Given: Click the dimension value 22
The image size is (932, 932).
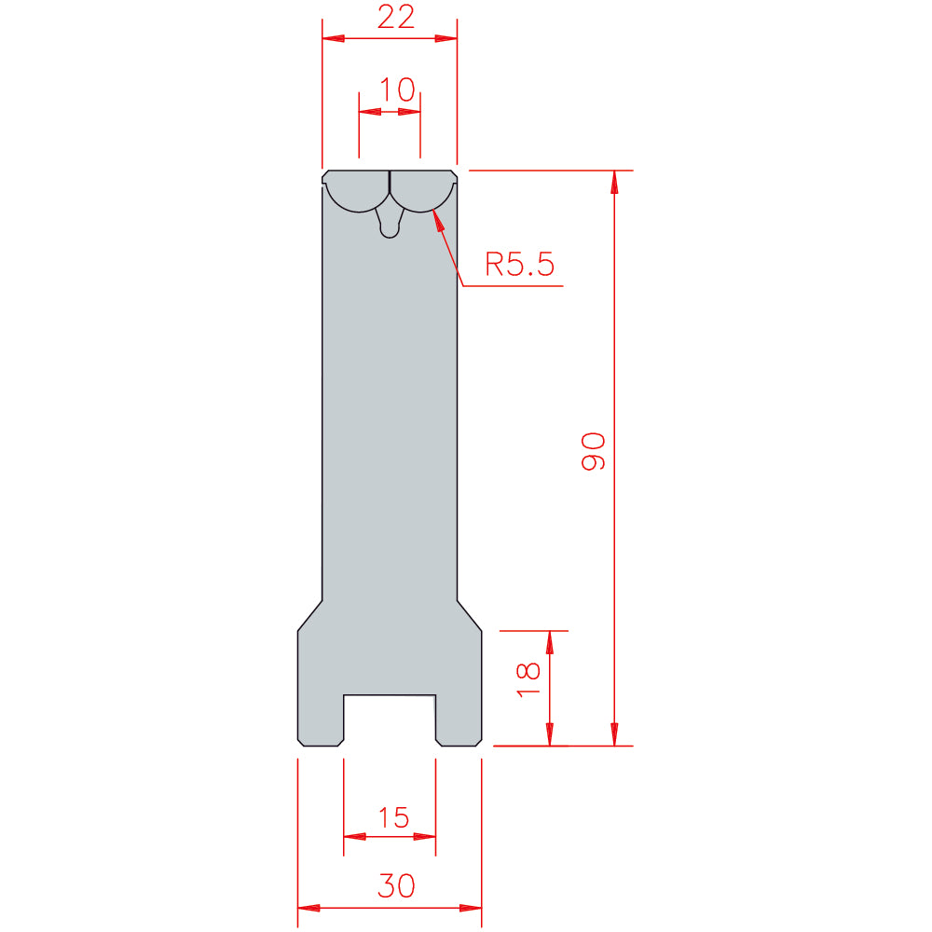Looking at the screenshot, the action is tap(396, 17).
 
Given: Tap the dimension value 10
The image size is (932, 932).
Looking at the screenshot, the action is tap(396, 90).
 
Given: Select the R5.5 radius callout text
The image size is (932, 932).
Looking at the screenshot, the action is tap(519, 265).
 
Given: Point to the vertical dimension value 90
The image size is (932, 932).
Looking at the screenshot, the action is tap(593, 452).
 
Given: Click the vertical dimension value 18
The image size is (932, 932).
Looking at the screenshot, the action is tap(528, 680).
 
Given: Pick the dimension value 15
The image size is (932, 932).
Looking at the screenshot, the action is tap(394, 818).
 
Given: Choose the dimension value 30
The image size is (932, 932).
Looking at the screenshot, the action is tap(396, 886).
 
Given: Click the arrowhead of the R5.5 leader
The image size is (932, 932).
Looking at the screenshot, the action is tap(438, 220).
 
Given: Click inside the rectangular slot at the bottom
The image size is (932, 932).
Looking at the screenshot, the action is tap(390, 720).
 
